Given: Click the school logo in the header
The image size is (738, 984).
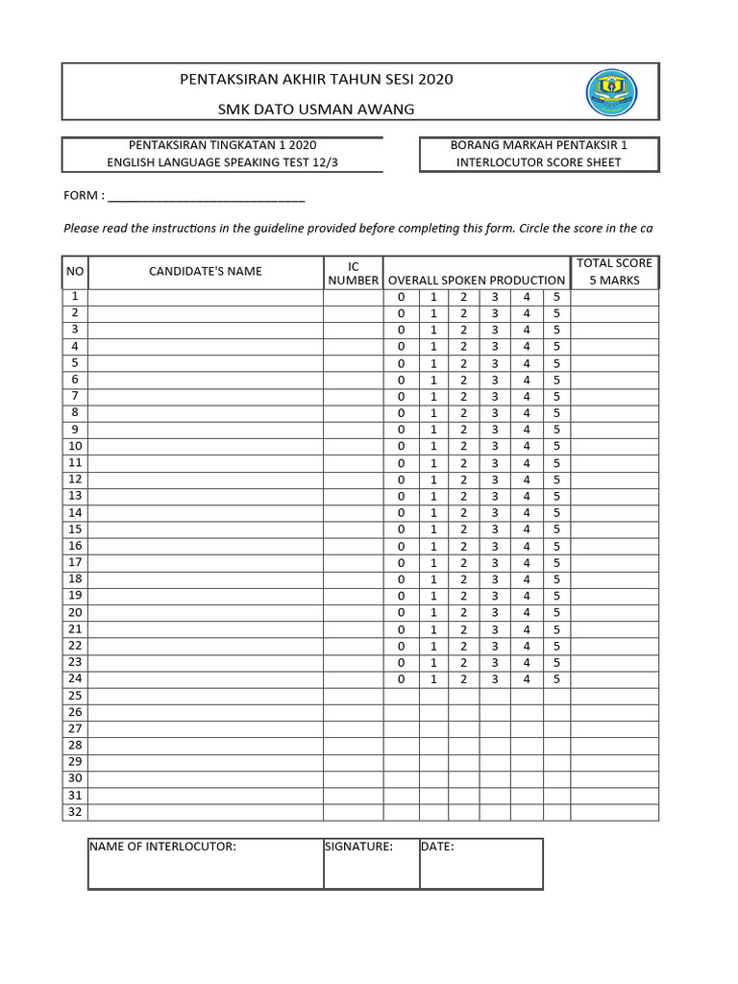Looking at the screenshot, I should (x=610, y=92).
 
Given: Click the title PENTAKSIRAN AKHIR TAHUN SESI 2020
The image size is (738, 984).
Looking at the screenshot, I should (x=316, y=79).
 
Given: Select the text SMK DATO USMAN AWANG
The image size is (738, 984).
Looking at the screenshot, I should (x=316, y=109).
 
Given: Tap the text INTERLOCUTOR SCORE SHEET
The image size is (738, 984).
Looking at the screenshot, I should (x=538, y=162).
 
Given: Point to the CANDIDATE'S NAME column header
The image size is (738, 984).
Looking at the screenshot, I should (x=205, y=272).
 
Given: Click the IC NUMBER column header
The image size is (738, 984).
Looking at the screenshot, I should (x=353, y=273).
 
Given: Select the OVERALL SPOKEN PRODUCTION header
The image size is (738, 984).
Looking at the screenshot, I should (x=476, y=281).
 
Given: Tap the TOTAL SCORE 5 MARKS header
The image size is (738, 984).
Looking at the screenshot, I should (x=614, y=272).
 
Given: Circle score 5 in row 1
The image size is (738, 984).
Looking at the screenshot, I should (x=556, y=297).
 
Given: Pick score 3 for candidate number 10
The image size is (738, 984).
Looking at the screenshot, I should (x=495, y=446).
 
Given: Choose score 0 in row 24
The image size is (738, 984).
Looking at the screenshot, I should (x=402, y=679).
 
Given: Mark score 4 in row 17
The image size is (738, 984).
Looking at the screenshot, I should (x=526, y=562).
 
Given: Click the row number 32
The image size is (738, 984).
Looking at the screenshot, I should (x=75, y=812).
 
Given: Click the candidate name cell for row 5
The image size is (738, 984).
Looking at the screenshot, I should (x=205, y=363).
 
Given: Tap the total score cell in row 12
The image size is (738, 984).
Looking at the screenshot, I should (x=614, y=480).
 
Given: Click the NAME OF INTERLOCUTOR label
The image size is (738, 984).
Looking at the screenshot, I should (x=162, y=847).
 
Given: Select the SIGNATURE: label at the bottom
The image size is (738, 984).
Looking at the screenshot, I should (x=358, y=847).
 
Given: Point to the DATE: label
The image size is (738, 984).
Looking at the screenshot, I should (x=437, y=847).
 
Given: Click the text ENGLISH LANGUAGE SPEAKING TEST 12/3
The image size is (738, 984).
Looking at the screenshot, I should (x=222, y=162).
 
